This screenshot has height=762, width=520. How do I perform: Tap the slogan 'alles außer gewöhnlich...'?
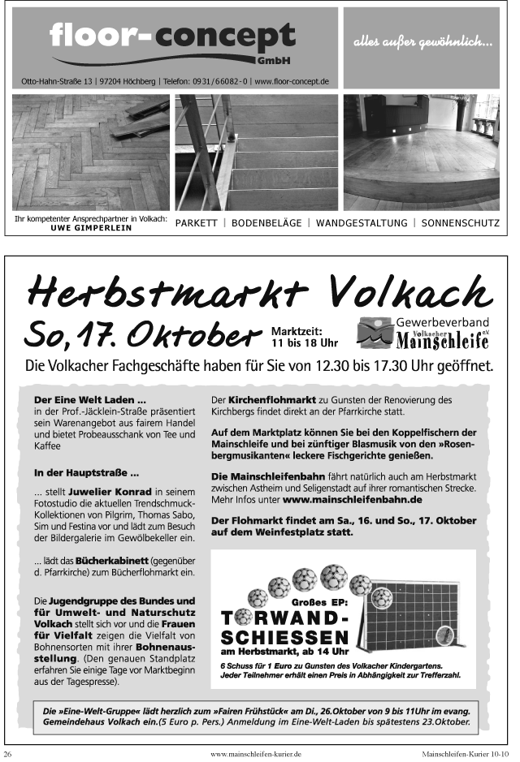pos(422,41)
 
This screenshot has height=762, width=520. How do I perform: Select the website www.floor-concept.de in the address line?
pos(290,81)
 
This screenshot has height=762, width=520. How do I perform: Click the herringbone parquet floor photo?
pos(90,153)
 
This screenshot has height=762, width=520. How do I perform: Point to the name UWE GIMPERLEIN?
pos(91,228)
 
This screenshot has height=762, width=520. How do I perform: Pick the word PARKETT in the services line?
pos(197,223)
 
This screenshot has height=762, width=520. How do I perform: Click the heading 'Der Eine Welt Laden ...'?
pos(90,400)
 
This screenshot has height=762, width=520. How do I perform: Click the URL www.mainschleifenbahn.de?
pos(352,501)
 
